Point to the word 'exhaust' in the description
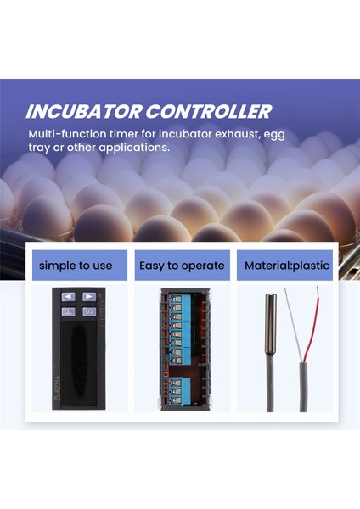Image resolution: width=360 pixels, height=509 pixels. click(x=256, y=134)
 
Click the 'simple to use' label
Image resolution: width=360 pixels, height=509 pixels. click(x=76, y=266)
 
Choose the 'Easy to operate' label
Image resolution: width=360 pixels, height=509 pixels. click(x=181, y=266)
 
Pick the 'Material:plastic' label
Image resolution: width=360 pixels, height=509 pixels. click(x=286, y=266)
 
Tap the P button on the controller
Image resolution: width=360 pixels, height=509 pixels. click(x=68, y=311)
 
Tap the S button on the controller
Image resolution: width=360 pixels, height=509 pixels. click(x=88, y=311)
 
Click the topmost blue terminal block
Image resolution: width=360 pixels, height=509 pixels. click(x=179, y=297)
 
